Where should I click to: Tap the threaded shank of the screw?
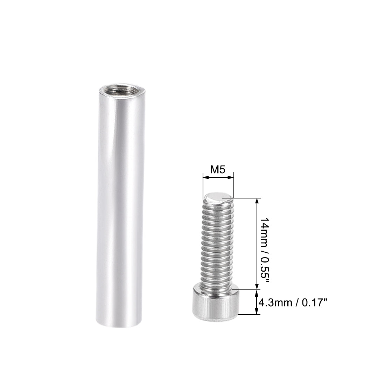pos(217,245)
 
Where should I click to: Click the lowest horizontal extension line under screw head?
pos(248,315)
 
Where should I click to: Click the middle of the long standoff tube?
pos(115,206)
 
